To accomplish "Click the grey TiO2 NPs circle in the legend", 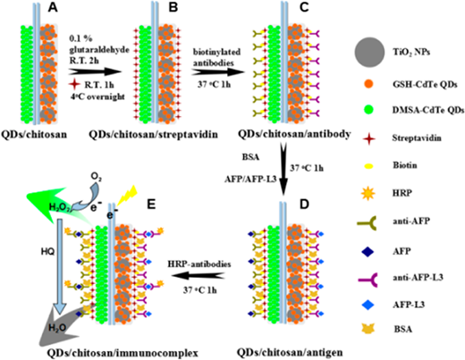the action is pyautogui.click(x=369, y=52).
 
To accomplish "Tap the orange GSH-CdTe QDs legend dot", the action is pyautogui.click(x=368, y=84).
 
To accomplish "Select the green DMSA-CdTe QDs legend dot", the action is pyautogui.click(x=368, y=110).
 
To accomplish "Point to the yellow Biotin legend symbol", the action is pyautogui.click(x=369, y=166).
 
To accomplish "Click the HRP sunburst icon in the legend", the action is pyautogui.click(x=368, y=193).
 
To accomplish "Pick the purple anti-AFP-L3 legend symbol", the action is pyautogui.click(x=368, y=278).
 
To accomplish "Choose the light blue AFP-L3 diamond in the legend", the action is pyautogui.click(x=368, y=305).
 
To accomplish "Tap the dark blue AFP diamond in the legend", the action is pyautogui.click(x=368, y=252).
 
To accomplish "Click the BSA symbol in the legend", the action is pyautogui.click(x=368, y=329).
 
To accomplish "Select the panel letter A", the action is pyautogui.click(x=53, y=7).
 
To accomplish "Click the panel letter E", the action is pyautogui.click(x=151, y=205).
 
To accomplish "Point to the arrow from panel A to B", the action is pyautogui.click(x=95, y=71).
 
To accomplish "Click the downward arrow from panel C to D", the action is pyautogui.click(x=283, y=170).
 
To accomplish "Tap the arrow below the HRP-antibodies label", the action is pyautogui.click(x=198, y=276).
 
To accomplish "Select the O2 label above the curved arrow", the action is pyautogui.click(x=96, y=177).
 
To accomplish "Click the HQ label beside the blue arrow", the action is pyautogui.click(x=47, y=252).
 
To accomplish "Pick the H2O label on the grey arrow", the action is pyautogui.click(x=57, y=328).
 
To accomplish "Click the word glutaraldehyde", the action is pyautogui.click(x=99, y=49).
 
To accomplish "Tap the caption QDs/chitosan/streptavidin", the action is pyautogui.click(x=153, y=135).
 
